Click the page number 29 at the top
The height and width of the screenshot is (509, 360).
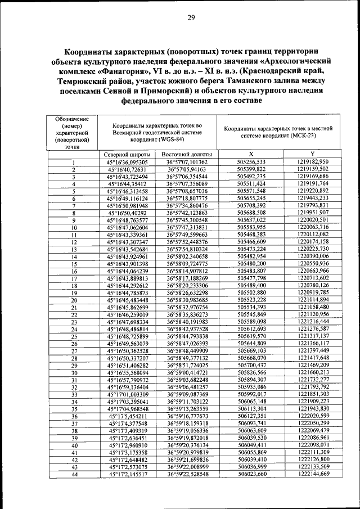click(191, 17)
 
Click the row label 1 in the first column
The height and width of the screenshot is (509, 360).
click(73, 162)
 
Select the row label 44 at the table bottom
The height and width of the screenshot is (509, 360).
click(73, 475)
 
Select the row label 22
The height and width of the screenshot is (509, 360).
click(73, 315)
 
